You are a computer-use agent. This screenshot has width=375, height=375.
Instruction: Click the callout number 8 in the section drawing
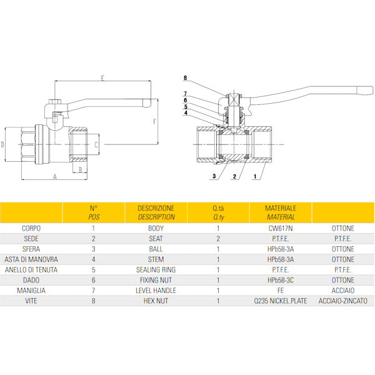185,78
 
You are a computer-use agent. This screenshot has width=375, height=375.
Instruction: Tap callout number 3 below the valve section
214,176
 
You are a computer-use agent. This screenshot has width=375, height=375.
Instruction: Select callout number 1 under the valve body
255,176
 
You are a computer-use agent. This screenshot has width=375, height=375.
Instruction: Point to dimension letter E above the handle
102,78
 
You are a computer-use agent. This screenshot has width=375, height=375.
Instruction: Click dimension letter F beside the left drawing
155,122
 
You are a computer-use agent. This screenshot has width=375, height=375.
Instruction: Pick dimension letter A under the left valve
55,177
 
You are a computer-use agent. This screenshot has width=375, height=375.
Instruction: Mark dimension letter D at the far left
2,144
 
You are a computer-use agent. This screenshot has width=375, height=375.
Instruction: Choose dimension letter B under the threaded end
81,169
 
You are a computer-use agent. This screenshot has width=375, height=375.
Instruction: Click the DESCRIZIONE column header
156,208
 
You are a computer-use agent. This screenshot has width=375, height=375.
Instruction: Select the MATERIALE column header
281,208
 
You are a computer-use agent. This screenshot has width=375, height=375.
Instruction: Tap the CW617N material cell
281,228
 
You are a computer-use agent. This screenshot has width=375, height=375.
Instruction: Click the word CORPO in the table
31,228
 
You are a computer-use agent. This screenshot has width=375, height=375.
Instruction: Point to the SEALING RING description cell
156,270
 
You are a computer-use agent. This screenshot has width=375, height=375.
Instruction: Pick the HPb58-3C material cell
281,280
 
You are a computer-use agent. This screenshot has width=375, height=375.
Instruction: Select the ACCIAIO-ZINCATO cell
343,301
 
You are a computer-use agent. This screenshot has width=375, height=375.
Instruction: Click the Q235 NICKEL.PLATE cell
281,301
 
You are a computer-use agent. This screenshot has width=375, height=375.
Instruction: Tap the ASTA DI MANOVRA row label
31,259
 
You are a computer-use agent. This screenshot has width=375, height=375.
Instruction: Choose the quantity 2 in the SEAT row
218,239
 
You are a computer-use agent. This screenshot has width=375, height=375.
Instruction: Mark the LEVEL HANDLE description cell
156,291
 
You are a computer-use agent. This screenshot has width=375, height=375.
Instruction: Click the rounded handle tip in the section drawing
365,91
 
